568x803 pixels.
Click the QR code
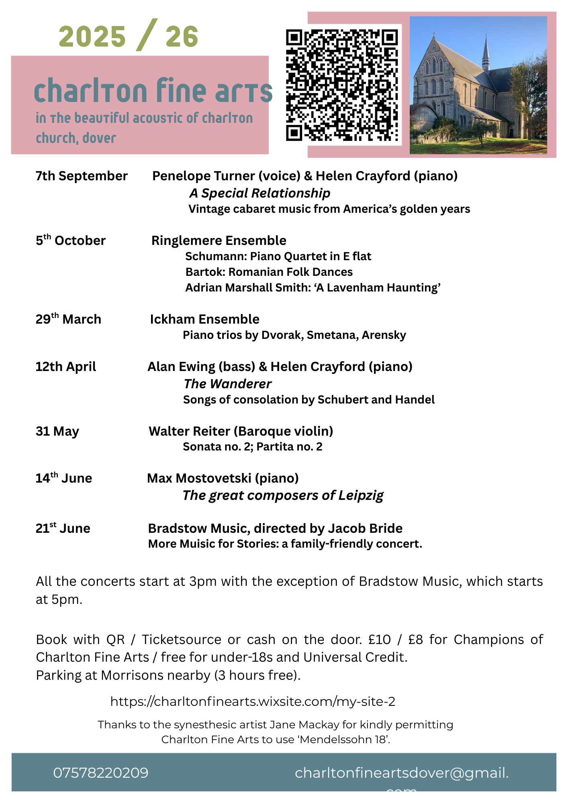(342, 85)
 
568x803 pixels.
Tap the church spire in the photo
(486, 50)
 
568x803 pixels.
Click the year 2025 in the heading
(92, 37)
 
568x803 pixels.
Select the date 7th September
(82, 176)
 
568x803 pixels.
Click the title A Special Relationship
(260, 193)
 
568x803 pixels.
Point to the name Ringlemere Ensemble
(219, 240)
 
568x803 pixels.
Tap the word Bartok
(205, 272)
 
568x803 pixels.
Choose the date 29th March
(68, 319)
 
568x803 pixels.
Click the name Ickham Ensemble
(204, 319)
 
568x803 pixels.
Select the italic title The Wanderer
(227, 384)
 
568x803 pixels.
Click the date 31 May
(57, 431)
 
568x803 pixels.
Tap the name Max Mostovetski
(199, 478)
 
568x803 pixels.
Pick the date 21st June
(63, 528)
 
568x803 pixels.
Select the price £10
(379, 639)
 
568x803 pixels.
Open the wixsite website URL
(253, 701)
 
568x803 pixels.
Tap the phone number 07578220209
(101, 773)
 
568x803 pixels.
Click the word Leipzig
(361, 495)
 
